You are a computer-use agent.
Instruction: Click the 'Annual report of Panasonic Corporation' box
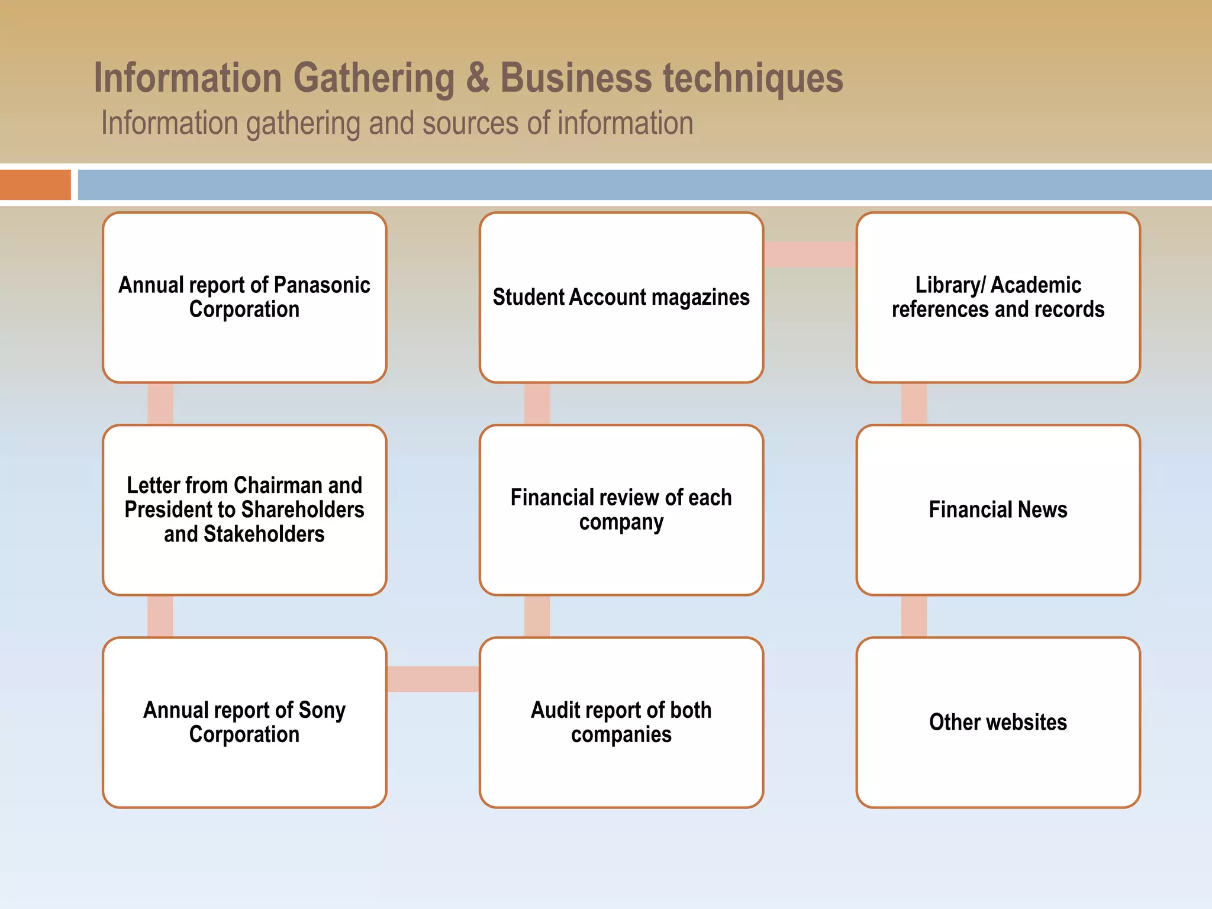click(x=244, y=297)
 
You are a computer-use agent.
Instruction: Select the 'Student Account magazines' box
click(x=621, y=297)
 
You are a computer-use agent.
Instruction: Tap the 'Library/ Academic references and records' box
click(x=998, y=297)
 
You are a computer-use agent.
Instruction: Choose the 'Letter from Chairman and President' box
click(x=244, y=510)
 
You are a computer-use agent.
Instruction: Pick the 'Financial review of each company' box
click(x=621, y=510)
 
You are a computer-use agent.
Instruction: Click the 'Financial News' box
click(x=998, y=510)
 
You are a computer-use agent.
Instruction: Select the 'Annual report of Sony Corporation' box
click(x=244, y=722)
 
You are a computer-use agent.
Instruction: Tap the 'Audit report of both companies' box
click(x=621, y=722)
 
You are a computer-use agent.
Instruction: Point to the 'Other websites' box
click(x=998, y=722)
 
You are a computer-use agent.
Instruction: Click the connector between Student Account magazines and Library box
click(x=810, y=254)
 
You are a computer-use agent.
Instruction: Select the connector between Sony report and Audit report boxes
click(x=433, y=679)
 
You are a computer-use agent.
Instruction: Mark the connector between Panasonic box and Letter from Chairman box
click(x=160, y=404)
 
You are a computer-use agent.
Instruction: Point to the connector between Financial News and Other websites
click(x=914, y=616)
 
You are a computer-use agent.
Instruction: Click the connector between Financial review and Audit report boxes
click(x=537, y=616)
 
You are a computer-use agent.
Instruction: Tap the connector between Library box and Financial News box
click(x=914, y=404)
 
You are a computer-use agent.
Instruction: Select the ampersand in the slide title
click(x=478, y=78)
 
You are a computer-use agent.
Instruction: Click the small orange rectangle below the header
click(x=36, y=185)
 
